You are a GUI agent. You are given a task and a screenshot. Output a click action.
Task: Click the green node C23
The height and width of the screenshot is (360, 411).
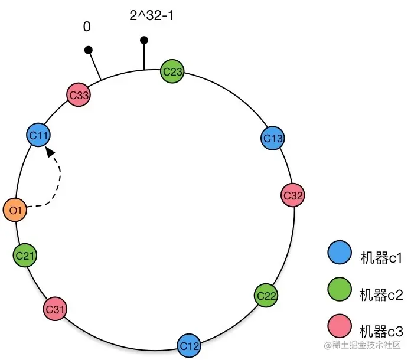pyautogui.click(x=172, y=72)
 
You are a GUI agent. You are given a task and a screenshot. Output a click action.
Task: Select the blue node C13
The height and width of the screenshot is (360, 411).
pyautogui.click(x=273, y=138)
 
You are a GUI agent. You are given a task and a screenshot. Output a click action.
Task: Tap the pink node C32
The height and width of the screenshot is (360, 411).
pyautogui.click(x=293, y=195)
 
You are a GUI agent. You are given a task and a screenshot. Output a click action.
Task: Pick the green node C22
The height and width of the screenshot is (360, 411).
pyautogui.click(x=266, y=295)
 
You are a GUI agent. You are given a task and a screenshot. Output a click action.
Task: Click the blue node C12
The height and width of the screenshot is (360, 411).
pyautogui.click(x=188, y=345)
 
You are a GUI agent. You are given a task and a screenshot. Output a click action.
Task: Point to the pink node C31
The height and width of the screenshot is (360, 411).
pyautogui.click(x=55, y=309)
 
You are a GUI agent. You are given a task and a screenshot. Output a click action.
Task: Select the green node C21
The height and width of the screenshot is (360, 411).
pyautogui.click(x=25, y=255)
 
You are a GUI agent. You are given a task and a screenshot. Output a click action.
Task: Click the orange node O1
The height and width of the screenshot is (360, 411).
pyautogui.click(x=15, y=210)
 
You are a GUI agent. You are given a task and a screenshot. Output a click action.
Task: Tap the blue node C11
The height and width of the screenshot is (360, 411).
pyautogui.click(x=39, y=135)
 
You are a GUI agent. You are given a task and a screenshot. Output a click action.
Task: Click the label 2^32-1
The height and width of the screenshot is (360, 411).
pyautogui.click(x=152, y=16)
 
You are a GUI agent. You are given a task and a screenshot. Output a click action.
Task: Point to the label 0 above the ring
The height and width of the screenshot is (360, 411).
pyautogui.click(x=87, y=27)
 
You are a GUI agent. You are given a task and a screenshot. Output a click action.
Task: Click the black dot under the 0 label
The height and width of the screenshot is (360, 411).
pyautogui.click(x=89, y=50)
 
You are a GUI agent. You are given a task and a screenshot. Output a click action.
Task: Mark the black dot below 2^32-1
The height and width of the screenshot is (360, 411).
pyautogui.click(x=144, y=40)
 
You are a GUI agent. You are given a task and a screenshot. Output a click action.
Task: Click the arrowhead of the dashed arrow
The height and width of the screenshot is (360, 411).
pyautogui.click(x=51, y=152)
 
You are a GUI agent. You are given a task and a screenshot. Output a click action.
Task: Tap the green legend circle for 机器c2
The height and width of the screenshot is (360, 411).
pyautogui.click(x=339, y=290)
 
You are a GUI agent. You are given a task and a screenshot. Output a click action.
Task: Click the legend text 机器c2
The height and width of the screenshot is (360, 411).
pyautogui.click(x=381, y=293)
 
